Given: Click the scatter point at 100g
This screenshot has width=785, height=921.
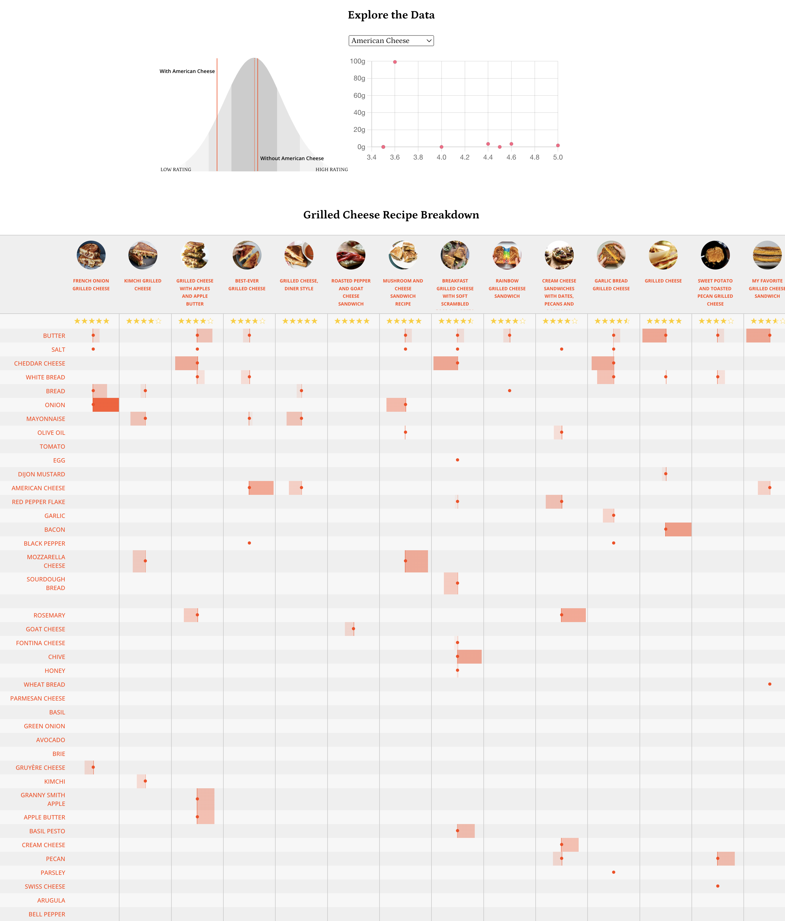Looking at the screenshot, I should pos(395,62).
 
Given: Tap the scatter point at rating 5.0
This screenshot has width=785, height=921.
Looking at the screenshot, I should pos(558,145).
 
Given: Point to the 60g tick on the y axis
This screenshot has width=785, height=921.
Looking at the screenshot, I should pos(359,96).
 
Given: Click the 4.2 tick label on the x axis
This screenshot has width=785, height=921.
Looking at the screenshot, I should pos(465,157).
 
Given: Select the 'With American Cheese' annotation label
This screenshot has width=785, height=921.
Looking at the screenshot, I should pos(187,71).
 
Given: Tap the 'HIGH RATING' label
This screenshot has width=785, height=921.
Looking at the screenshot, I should pos(332,169).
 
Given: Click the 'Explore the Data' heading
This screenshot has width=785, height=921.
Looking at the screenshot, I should pos(391,15).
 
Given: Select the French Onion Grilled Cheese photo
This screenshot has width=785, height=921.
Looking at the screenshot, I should pos(91,255).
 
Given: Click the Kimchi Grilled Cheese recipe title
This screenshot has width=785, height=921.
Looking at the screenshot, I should pos(143,284).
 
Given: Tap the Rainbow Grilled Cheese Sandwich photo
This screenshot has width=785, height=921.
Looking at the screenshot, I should pos(507,255).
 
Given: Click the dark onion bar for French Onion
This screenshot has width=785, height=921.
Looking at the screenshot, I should pos(106,405).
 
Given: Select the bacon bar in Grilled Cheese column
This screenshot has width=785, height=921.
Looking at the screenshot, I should pos(678,529).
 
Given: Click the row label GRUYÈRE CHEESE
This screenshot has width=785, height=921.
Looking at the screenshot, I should pos(40,768).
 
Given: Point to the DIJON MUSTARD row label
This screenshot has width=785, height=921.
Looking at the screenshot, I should pos(41,474).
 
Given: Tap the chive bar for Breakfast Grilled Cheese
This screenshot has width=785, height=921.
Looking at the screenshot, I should pos(469,656).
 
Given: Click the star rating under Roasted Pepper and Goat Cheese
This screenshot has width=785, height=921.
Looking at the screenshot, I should pos(352,321).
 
